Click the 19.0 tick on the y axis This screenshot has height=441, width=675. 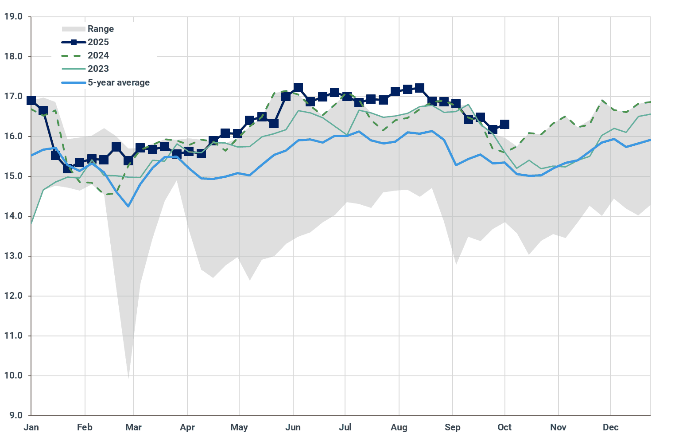coord(13,17)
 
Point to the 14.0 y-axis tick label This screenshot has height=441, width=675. coord(13,216)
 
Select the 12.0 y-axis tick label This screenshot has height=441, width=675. coord(13,296)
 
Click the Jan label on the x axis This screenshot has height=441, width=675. coord(31,427)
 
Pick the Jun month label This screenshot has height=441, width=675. coord(293,427)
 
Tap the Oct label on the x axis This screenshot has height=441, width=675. coord(504,427)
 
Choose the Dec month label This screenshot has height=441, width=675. coord(610,427)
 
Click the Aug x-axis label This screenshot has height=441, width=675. coord(399,427)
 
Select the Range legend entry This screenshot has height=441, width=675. coord(101,29)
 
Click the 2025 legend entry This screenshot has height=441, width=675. coord(98,42)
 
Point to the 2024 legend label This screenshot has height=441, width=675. coord(98,55)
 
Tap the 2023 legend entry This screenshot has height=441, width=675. coord(98,69)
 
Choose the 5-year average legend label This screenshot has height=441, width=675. coord(118,82)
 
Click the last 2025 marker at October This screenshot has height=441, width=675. coord(504,125)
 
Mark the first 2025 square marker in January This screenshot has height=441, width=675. coord(31,100)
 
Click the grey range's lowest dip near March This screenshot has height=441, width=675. coord(128,377)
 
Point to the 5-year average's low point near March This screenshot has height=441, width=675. coord(128,206)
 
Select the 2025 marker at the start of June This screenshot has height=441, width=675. coord(298,88)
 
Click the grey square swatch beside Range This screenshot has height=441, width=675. coord(73,29)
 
